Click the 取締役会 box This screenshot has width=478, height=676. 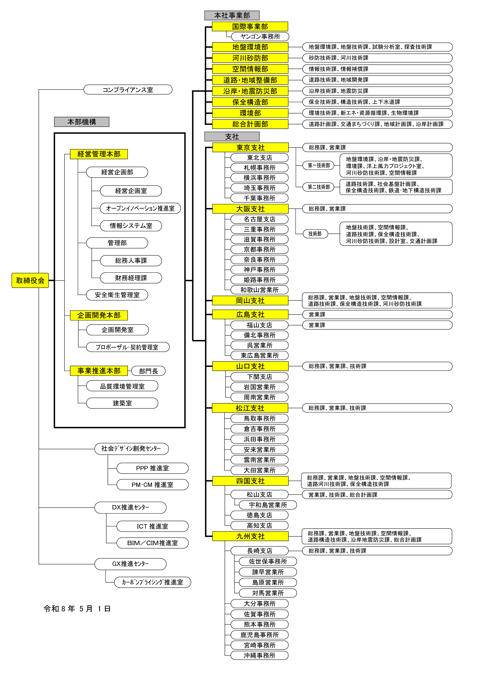(x=30, y=280)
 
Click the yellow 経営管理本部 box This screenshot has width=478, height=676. (x=99, y=154)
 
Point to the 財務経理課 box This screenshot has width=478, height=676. (x=131, y=278)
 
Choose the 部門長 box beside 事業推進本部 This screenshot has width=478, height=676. (x=148, y=371)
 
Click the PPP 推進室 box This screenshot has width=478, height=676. (x=152, y=468)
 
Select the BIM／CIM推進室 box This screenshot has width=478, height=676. (x=152, y=543)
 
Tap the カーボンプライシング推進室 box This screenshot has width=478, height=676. (x=152, y=582)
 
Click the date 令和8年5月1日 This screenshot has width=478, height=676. (x=77, y=609)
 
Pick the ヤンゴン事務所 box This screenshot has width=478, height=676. (x=260, y=36)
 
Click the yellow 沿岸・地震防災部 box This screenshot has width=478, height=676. (x=250, y=91)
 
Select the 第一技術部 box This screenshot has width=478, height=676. (x=319, y=166)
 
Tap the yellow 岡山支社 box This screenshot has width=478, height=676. (x=250, y=301)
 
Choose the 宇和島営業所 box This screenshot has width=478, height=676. (x=268, y=505)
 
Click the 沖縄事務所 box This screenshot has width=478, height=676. (x=259, y=655)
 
